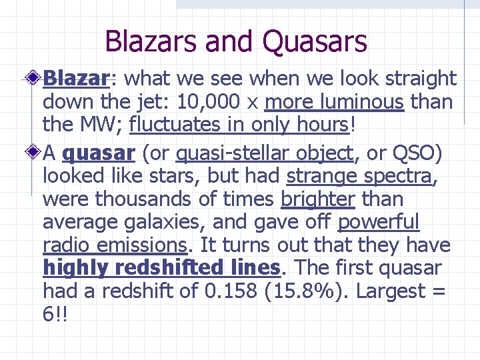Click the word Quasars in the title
(x=315, y=41)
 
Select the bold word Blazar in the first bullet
(x=75, y=79)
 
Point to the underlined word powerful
(x=379, y=222)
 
